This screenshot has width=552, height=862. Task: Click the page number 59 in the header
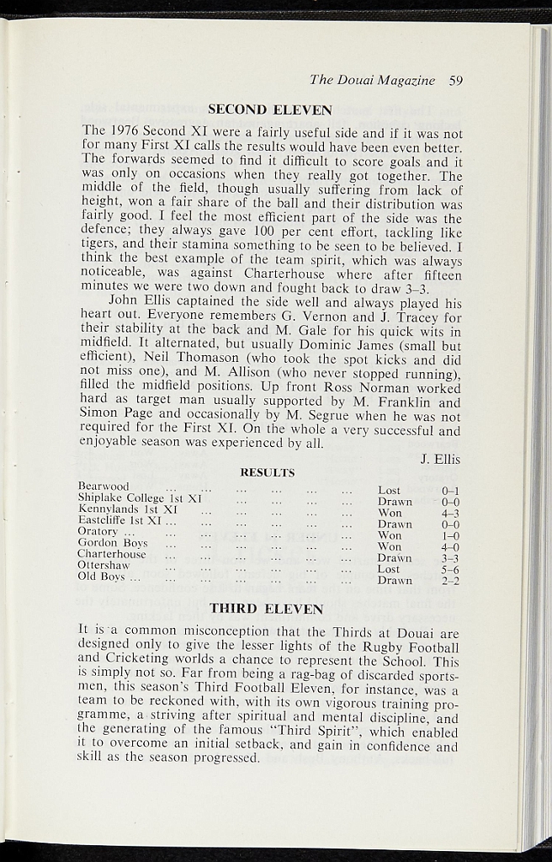(x=456, y=81)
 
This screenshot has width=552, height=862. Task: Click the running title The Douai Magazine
(x=372, y=81)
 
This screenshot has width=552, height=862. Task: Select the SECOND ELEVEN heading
(x=269, y=109)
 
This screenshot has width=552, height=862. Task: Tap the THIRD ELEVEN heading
(x=266, y=608)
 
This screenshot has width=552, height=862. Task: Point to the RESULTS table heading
(x=267, y=473)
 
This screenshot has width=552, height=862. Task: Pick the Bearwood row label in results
(x=103, y=487)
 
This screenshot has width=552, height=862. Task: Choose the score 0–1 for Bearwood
(x=449, y=490)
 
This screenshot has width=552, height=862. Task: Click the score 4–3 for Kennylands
(x=449, y=513)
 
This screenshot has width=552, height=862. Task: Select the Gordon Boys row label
(x=113, y=544)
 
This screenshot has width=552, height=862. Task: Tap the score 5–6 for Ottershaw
(x=449, y=569)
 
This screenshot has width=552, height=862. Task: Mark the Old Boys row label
(x=103, y=577)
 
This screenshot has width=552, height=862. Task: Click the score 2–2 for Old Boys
(x=449, y=581)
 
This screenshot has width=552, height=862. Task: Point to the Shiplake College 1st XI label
(x=140, y=498)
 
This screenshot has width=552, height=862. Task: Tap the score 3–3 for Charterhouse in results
(x=449, y=558)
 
